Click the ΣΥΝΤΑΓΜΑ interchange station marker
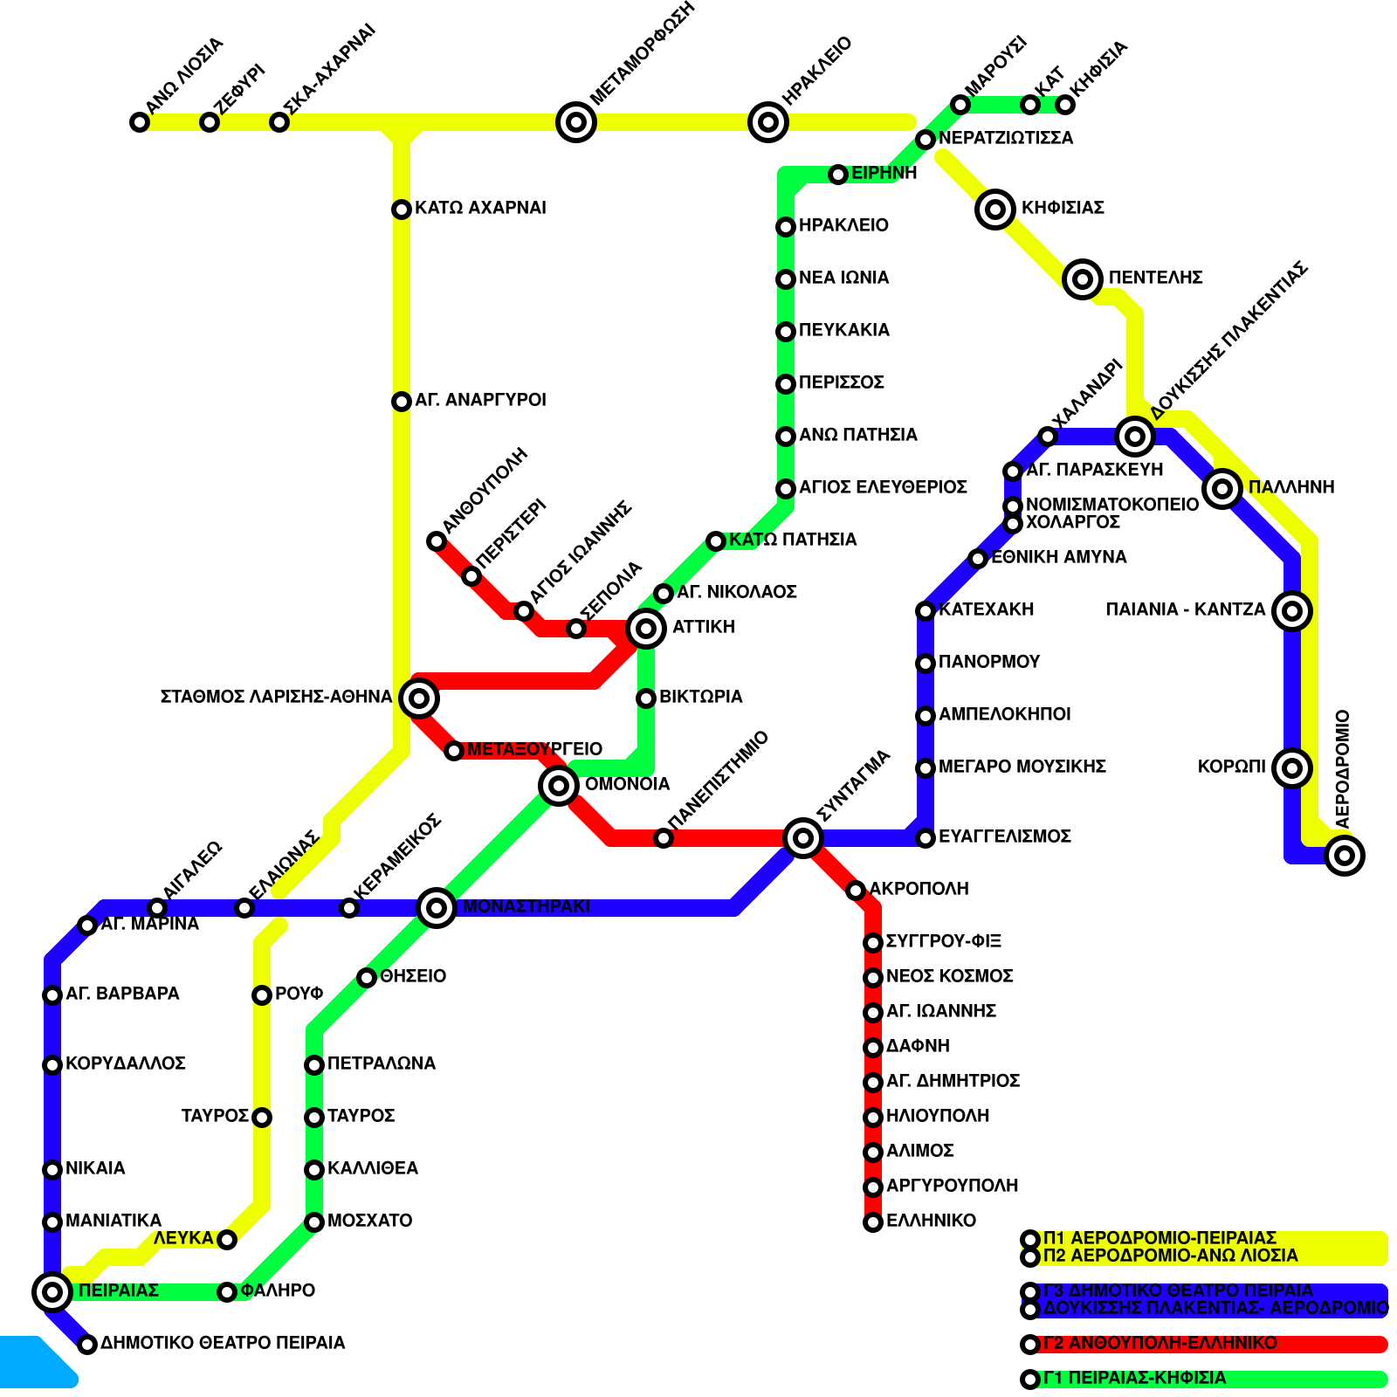(x=803, y=838)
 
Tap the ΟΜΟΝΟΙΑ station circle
(x=559, y=786)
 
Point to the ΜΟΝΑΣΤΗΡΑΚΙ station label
(x=526, y=906)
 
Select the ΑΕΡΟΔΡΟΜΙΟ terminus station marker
(x=1345, y=856)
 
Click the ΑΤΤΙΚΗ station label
(x=703, y=627)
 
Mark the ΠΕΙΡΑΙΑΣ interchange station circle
(x=52, y=1291)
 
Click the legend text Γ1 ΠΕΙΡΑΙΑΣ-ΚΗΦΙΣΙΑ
(x=1134, y=1379)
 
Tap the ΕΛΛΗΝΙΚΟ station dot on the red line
(x=873, y=1222)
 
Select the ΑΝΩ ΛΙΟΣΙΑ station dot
(x=140, y=122)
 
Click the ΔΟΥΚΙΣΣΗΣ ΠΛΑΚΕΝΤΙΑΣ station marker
(x=1135, y=436)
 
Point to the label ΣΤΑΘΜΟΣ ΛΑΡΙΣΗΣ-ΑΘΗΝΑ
(x=276, y=697)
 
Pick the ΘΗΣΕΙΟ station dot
(x=367, y=978)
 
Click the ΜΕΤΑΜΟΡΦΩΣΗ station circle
(x=576, y=122)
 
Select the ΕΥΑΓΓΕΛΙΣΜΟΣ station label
(x=1004, y=836)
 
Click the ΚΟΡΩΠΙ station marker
(x=1292, y=768)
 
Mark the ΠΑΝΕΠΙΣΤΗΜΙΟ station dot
(x=664, y=838)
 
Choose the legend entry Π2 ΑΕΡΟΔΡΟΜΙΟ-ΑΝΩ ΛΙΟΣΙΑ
(x=1170, y=1256)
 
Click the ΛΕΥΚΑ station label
(x=183, y=1239)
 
